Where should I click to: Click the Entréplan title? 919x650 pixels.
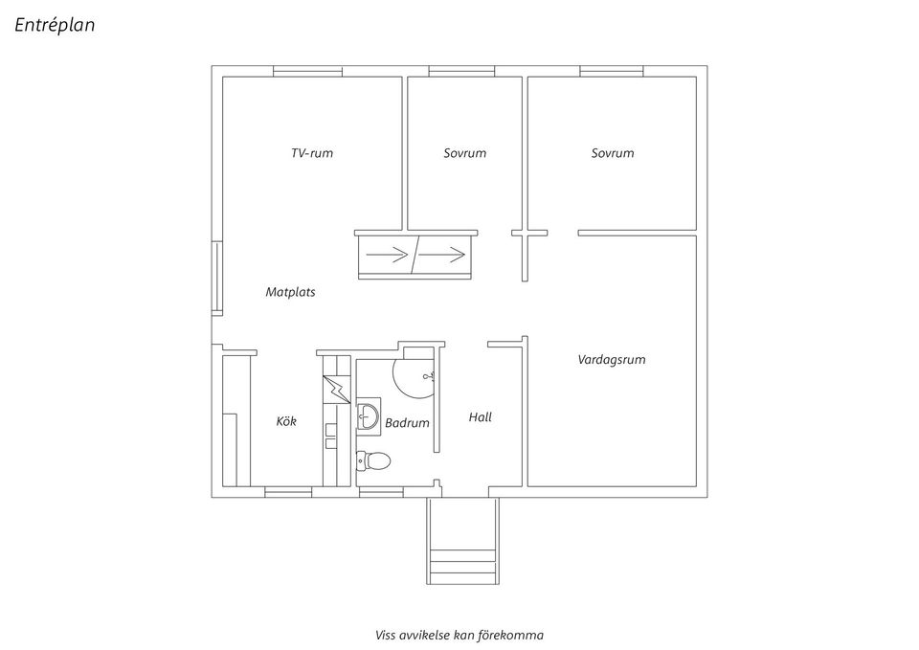tap(55, 26)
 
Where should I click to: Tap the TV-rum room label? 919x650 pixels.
tap(312, 153)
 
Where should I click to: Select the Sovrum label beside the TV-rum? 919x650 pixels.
tap(464, 153)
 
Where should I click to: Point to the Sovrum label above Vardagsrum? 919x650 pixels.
tap(612, 153)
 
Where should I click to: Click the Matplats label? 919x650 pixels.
tap(290, 292)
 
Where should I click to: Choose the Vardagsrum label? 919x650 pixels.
tap(611, 360)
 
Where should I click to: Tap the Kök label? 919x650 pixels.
tap(286, 421)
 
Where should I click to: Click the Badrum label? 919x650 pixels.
tap(407, 422)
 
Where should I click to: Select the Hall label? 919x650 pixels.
tap(480, 417)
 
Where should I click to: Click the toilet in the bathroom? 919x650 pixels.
tap(373, 461)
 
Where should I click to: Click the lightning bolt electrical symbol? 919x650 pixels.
tap(337, 389)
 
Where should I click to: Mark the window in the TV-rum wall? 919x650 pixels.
tap(307, 70)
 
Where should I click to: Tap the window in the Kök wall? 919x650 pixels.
tap(288, 493)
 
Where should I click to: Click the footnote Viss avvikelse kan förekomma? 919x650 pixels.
tap(459, 634)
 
